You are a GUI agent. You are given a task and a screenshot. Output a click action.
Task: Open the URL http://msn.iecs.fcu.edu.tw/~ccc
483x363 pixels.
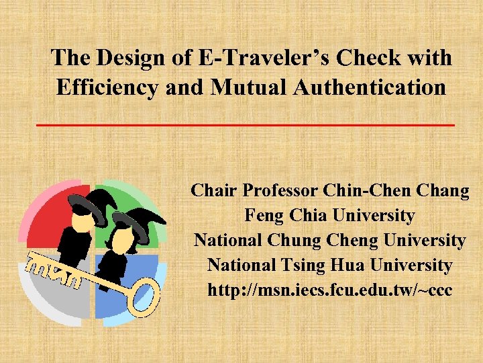(329, 290)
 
